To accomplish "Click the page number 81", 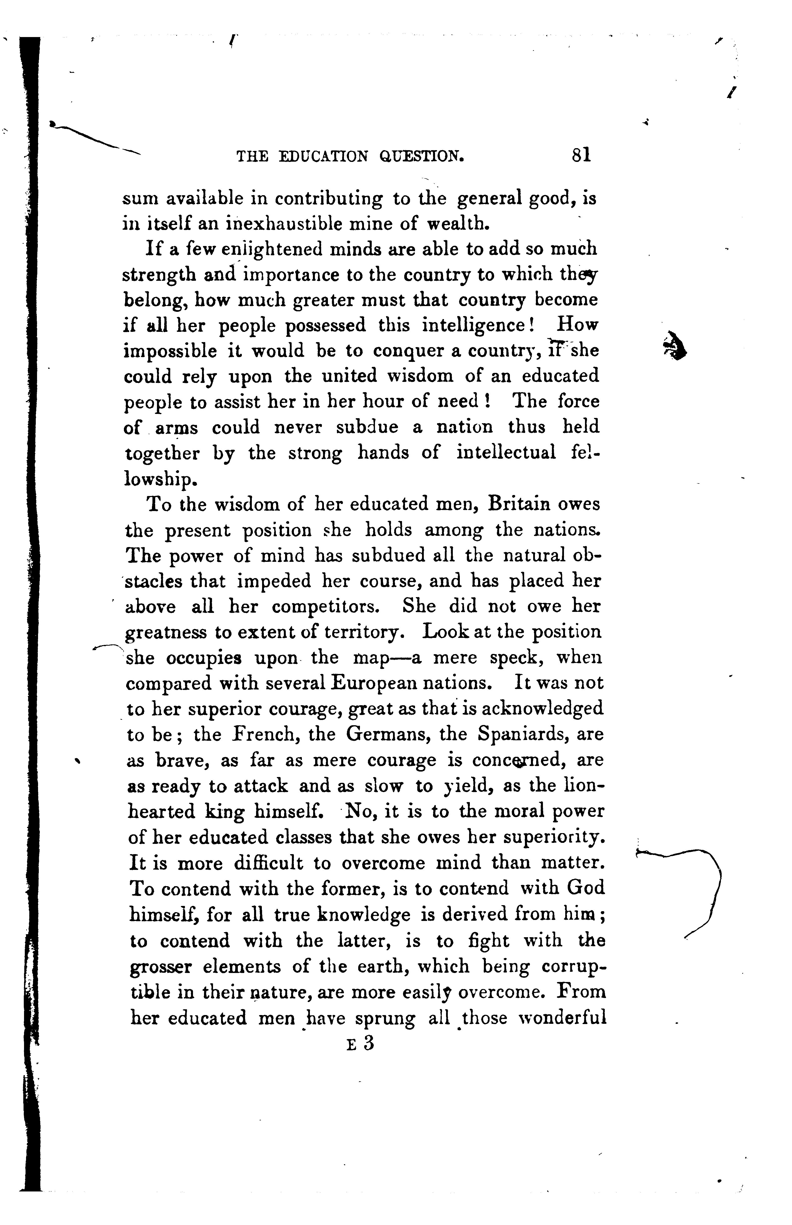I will tap(581, 155).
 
